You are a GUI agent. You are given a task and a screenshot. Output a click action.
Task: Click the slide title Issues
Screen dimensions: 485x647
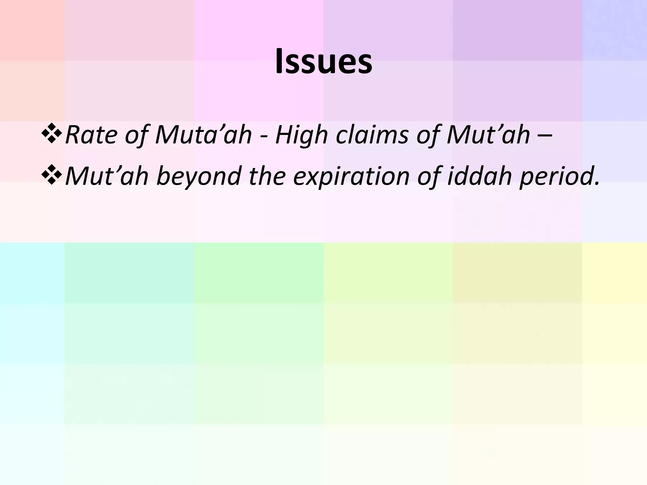[323, 62]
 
